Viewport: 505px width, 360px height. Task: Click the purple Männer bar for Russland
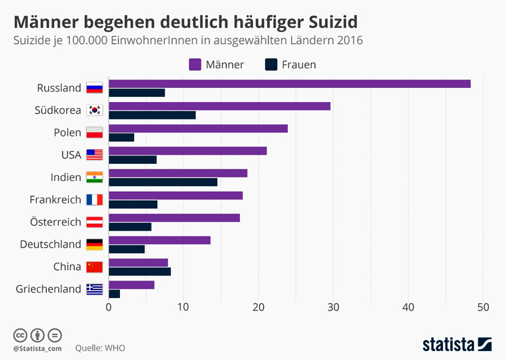(289, 84)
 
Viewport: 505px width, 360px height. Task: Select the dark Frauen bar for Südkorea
(152, 115)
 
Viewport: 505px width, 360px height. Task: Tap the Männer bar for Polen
(198, 128)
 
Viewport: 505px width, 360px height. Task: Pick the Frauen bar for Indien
(163, 182)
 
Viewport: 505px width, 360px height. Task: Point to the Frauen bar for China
(140, 271)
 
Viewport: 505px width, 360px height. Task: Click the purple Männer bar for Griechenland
(131, 285)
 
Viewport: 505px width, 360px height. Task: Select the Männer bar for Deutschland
(159, 240)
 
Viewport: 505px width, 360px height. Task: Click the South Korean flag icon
(94, 110)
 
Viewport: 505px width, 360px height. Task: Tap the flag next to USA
(94, 155)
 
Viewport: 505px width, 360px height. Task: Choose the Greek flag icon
(94, 289)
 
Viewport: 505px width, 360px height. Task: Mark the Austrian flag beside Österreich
(94, 222)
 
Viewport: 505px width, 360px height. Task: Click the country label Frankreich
(55, 200)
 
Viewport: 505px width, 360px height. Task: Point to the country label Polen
(67, 132)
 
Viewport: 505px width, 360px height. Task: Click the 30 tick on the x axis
(333, 307)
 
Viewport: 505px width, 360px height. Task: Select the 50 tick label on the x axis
(483, 307)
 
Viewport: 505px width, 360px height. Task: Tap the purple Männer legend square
(194, 64)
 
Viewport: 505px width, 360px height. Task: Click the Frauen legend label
(299, 65)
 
